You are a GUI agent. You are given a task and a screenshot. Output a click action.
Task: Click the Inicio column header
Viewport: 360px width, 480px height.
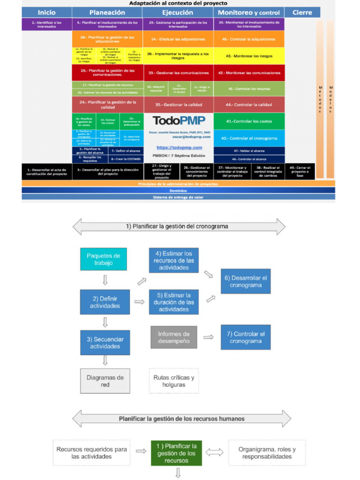point(46,13)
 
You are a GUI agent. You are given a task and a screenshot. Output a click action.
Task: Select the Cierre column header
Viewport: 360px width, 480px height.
point(302,13)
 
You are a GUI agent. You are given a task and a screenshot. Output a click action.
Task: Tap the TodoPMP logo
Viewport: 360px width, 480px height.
point(179,121)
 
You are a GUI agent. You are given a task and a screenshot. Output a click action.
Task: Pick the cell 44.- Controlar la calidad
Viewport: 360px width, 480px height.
point(248,105)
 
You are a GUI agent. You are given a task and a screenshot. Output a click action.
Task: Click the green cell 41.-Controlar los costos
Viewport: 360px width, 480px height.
point(248,121)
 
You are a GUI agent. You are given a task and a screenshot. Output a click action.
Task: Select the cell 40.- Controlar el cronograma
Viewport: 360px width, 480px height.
point(248,138)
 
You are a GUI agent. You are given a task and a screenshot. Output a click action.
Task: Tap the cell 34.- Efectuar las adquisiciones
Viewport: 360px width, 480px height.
point(178,39)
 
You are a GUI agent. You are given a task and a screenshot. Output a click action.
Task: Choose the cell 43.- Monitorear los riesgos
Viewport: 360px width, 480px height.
point(248,56)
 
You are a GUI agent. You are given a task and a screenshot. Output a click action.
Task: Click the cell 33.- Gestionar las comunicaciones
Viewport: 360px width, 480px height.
point(178,73)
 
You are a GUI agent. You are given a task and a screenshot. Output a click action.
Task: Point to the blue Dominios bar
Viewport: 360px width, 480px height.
point(178,191)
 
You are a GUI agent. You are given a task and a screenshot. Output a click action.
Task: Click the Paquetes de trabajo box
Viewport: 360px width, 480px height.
point(104,259)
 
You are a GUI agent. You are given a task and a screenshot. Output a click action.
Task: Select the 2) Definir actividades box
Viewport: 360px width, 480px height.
point(105,302)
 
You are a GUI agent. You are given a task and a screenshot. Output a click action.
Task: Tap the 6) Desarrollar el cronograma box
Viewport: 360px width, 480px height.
point(246,281)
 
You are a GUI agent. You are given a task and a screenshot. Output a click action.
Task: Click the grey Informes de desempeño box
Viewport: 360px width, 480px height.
point(173,337)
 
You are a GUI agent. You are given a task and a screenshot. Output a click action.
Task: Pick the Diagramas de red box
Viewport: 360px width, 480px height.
point(105,381)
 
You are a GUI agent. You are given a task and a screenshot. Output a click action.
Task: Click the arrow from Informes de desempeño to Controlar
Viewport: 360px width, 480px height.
point(209,337)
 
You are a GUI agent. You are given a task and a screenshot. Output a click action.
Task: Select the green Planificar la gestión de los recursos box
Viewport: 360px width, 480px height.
point(177,453)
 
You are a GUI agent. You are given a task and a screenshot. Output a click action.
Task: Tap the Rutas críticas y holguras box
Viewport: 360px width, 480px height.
point(173,381)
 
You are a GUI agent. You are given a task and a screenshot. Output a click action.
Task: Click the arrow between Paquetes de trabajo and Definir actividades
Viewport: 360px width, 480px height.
point(105,280)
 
